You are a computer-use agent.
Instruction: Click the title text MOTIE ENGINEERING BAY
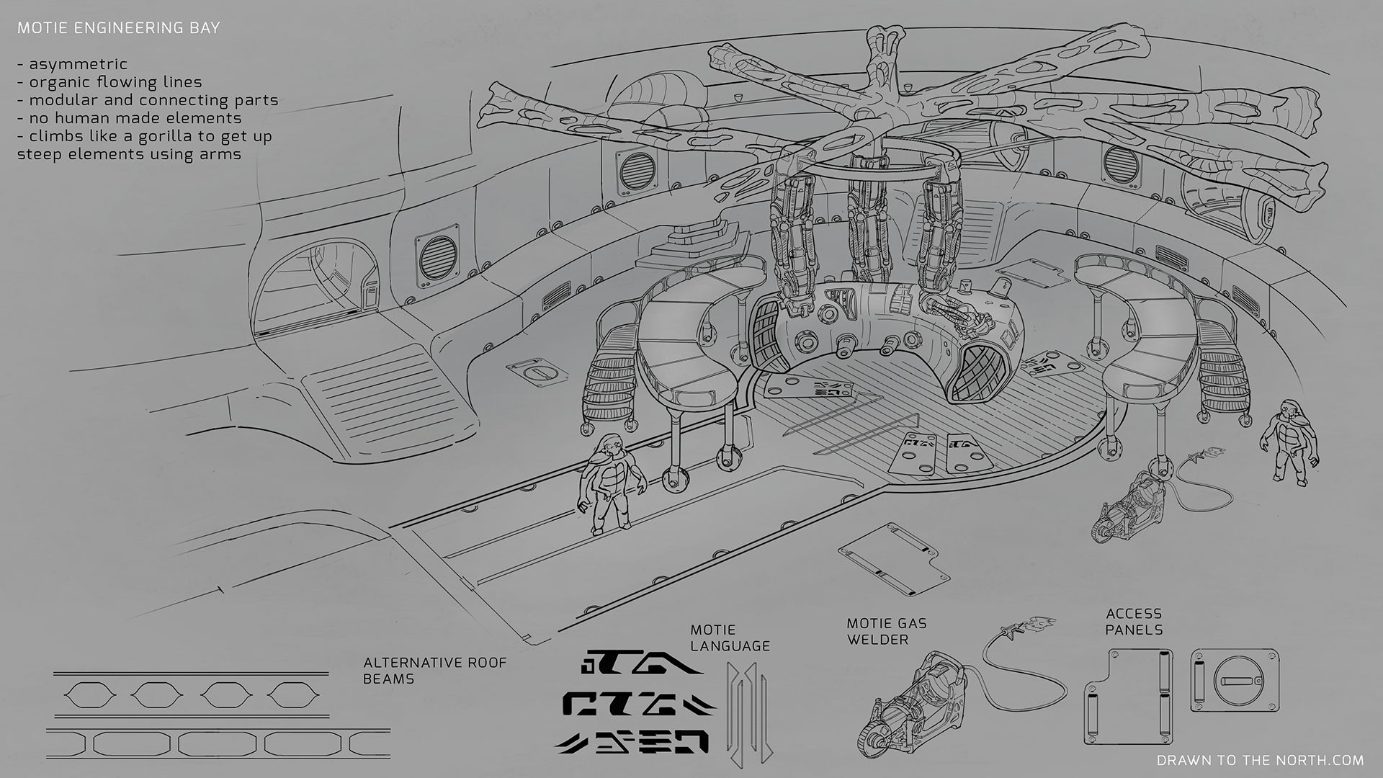click(119, 28)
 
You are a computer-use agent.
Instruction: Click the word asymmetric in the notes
click(79, 64)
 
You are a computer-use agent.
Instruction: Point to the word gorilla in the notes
click(160, 136)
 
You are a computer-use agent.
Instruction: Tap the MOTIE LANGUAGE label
click(730, 638)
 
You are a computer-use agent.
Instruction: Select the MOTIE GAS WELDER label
click(887, 631)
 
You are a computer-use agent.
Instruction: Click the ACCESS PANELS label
click(1134, 622)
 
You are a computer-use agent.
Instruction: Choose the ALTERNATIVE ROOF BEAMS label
click(435, 670)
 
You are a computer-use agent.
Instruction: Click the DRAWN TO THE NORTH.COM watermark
click(1261, 760)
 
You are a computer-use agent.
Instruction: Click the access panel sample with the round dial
click(1235, 681)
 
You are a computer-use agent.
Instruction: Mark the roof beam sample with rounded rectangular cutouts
click(219, 743)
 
